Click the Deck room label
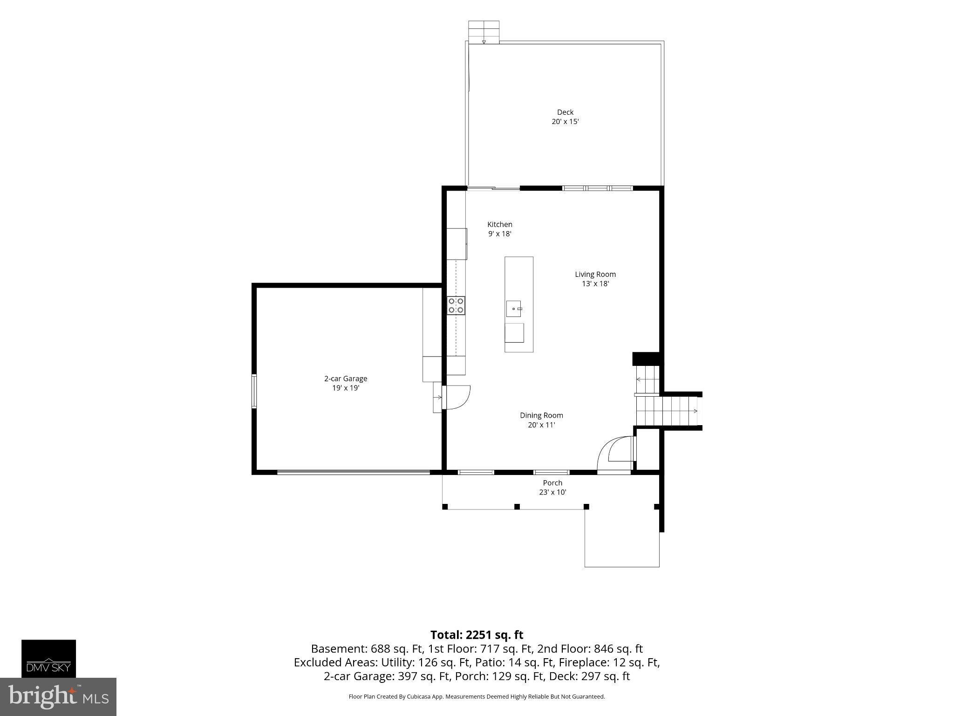coord(565,112)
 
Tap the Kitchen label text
coord(500,224)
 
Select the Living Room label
coord(595,274)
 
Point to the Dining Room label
coord(541,415)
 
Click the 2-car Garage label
coord(346,379)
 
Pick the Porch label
coord(552,483)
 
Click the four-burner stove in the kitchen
coord(456,305)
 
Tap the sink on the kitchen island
coord(515,309)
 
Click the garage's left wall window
coord(254,391)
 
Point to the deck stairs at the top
coord(484,32)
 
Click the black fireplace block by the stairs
coord(646,358)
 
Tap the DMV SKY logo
coord(48,658)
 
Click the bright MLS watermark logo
coord(58,696)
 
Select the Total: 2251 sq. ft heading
coord(477,635)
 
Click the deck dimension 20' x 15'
coord(565,122)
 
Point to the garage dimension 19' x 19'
coord(346,388)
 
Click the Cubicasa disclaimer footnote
coord(477,696)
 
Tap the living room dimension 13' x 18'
coord(595,283)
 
